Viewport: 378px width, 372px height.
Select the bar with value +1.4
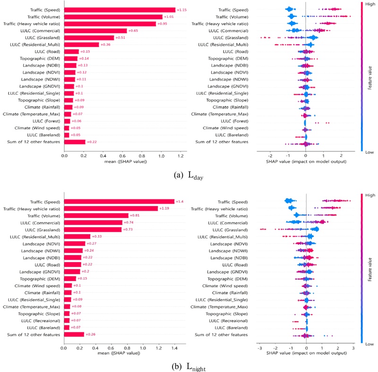pyautogui.click(x=119, y=201)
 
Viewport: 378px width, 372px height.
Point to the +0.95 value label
pyautogui.click(x=162, y=24)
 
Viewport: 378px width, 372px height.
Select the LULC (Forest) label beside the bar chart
pyautogui.click(x=45, y=121)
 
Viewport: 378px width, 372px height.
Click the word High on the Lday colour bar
pyautogui.click(x=370, y=3)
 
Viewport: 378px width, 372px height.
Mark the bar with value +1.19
pyautogui.click(x=111, y=208)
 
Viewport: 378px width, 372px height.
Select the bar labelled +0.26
pyautogui.click(x=74, y=334)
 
